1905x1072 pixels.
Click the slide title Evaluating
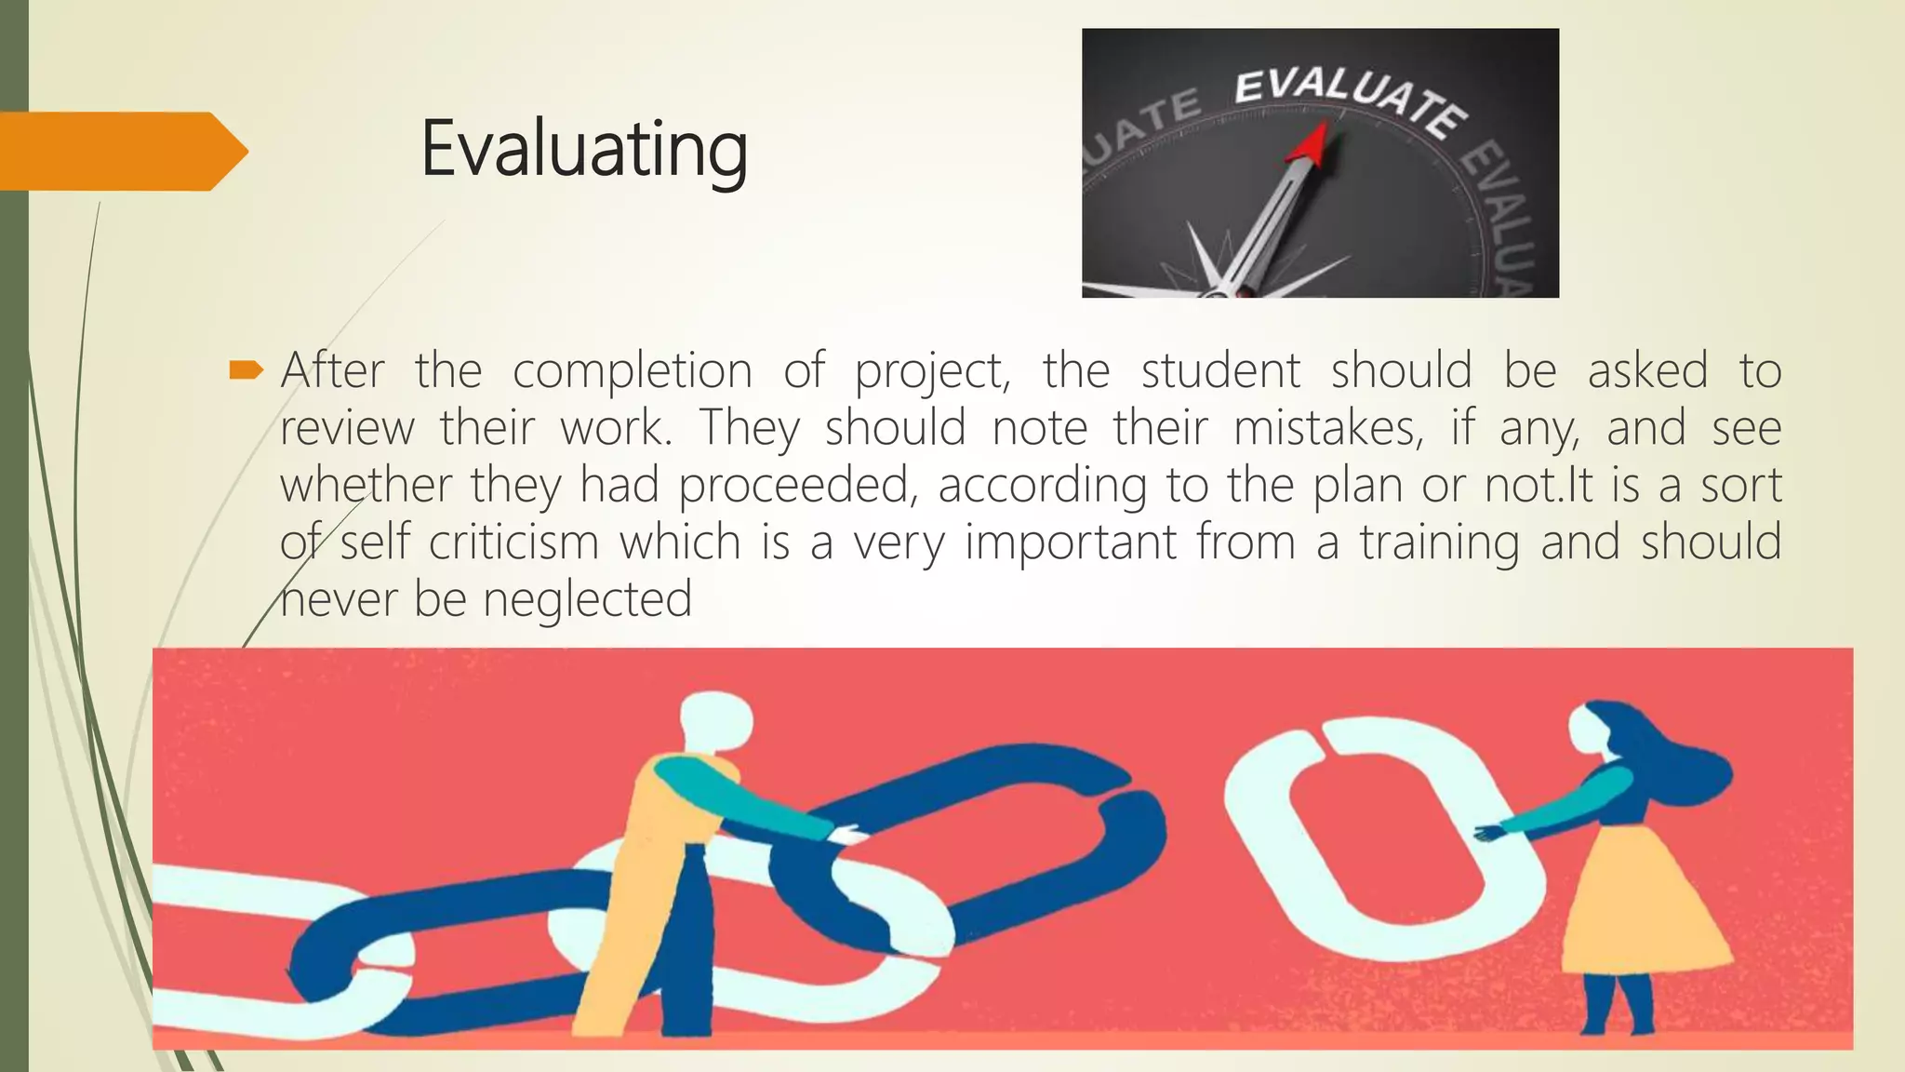click(x=583, y=149)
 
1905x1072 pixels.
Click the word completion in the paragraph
click(x=632, y=371)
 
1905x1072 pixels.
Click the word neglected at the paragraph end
click(x=588, y=599)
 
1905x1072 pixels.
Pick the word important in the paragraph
click(x=1071, y=543)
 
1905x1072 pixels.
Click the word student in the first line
click(x=1220, y=371)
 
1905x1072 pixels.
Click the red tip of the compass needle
click(x=1312, y=144)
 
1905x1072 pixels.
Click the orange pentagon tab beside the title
click(x=121, y=151)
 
